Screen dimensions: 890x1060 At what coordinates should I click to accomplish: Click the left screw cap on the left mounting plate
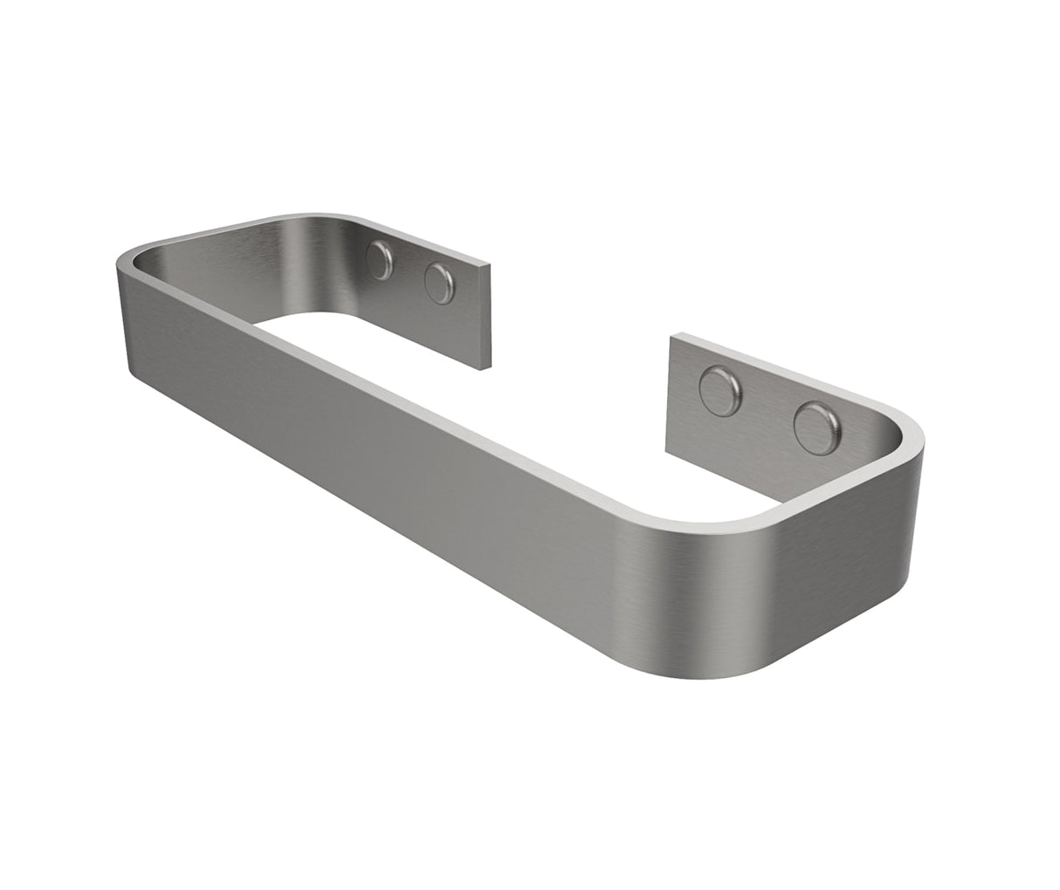pos(381,260)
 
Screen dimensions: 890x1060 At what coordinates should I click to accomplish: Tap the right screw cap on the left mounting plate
pos(439,283)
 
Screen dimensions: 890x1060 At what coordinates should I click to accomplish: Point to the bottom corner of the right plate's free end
pos(669,451)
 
